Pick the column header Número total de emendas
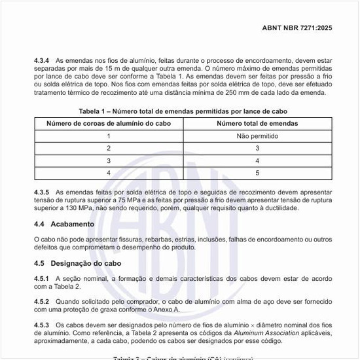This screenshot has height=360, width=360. [x=257, y=124]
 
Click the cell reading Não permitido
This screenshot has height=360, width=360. [x=257, y=136]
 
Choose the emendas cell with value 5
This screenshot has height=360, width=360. [x=257, y=173]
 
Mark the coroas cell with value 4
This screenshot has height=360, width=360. [x=109, y=173]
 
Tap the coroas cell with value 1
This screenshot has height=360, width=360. [x=109, y=136]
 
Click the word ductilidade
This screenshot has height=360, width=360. [x=279, y=208]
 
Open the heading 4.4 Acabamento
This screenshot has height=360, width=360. [x=64, y=224]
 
